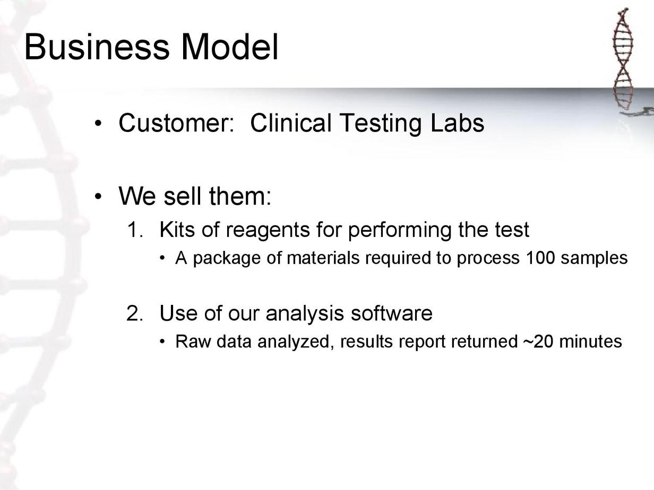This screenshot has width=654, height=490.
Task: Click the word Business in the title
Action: click(97, 47)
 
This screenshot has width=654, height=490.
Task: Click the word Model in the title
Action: click(229, 47)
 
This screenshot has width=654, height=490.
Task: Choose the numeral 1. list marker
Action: click(135, 230)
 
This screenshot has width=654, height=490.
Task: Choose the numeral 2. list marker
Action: click(135, 313)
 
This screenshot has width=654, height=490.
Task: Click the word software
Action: click(392, 313)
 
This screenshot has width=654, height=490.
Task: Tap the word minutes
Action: click(590, 341)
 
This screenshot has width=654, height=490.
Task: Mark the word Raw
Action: click(193, 341)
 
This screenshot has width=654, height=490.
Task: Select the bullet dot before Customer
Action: click(98, 124)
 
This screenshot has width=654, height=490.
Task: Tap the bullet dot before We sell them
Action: click(98, 196)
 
